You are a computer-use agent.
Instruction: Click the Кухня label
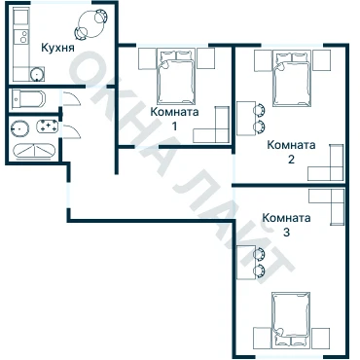click(x=57, y=48)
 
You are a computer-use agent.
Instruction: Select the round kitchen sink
click(x=37, y=74)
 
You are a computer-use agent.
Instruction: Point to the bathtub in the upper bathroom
click(x=28, y=99)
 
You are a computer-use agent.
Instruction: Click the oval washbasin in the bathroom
click(x=19, y=128)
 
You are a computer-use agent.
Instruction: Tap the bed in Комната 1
click(x=177, y=77)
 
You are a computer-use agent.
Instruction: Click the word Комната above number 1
click(x=174, y=112)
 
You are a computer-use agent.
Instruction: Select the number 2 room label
click(x=291, y=160)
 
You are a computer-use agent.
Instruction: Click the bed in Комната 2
click(x=292, y=79)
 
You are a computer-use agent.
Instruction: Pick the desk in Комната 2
click(x=246, y=119)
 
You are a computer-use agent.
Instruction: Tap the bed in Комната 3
click(x=291, y=319)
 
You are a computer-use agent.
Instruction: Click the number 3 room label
click(x=286, y=233)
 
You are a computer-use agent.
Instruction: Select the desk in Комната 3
click(x=246, y=263)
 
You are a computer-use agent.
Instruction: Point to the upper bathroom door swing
click(x=72, y=98)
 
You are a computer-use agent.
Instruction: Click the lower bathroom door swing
click(x=72, y=131)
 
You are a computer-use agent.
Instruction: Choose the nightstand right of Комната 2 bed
click(x=321, y=60)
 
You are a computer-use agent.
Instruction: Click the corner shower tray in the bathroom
click(x=34, y=151)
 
